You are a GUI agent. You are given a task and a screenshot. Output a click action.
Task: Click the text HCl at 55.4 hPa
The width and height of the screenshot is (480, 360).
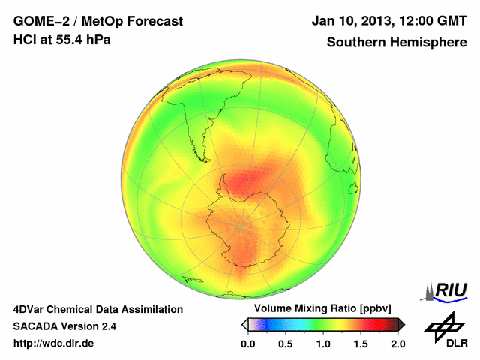(x=61, y=40)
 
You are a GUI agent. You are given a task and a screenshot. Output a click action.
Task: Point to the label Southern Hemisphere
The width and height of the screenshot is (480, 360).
(x=396, y=42)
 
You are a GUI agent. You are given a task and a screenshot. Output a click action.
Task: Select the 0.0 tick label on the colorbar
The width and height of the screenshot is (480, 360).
(x=248, y=343)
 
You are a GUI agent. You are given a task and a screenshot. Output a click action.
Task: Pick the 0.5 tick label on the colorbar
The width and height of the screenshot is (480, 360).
(x=286, y=343)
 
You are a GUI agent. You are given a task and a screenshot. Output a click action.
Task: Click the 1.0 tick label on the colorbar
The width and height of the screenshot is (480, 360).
(x=323, y=343)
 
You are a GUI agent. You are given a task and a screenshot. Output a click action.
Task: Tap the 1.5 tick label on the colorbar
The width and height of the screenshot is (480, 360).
(x=361, y=343)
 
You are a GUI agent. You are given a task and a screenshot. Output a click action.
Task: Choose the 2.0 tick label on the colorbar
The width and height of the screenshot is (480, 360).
(x=397, y=343)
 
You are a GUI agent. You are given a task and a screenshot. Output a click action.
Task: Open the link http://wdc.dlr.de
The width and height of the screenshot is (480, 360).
(x=54, y=343)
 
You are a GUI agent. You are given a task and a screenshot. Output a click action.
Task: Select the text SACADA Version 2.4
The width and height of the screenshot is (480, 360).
(x=64, y=326)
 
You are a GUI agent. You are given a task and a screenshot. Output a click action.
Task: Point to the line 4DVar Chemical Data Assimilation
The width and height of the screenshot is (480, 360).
(x=97, y=309)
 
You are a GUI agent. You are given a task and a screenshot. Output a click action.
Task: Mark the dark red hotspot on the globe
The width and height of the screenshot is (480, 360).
(x=247, y=181)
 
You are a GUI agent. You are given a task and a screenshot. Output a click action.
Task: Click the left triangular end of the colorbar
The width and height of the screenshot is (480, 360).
(x=244, y=324)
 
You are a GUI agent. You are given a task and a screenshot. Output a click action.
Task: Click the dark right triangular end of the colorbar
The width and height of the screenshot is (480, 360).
(x=401, y=324)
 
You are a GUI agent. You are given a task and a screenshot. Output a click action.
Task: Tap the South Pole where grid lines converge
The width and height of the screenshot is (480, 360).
(x=241, y=225)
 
